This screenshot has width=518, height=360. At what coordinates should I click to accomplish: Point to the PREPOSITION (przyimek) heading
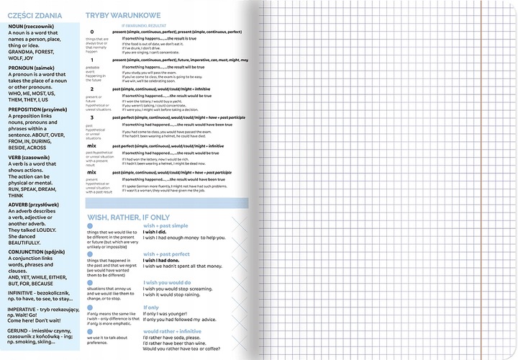tap(37, 111)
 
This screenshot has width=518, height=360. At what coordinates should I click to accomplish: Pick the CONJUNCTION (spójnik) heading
tap(40, 252)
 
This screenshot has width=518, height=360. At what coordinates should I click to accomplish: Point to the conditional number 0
tap(91, 32)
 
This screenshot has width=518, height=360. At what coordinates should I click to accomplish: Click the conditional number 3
tap(91, 117)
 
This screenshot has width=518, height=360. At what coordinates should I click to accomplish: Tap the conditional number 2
tap(91, 89)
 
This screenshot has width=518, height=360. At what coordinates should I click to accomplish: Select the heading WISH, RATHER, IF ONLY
tap(128, 216)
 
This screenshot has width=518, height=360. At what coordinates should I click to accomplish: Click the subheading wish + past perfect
tap(166, 254)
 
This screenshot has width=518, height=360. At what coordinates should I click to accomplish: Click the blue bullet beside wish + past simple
tap(90, 226)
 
